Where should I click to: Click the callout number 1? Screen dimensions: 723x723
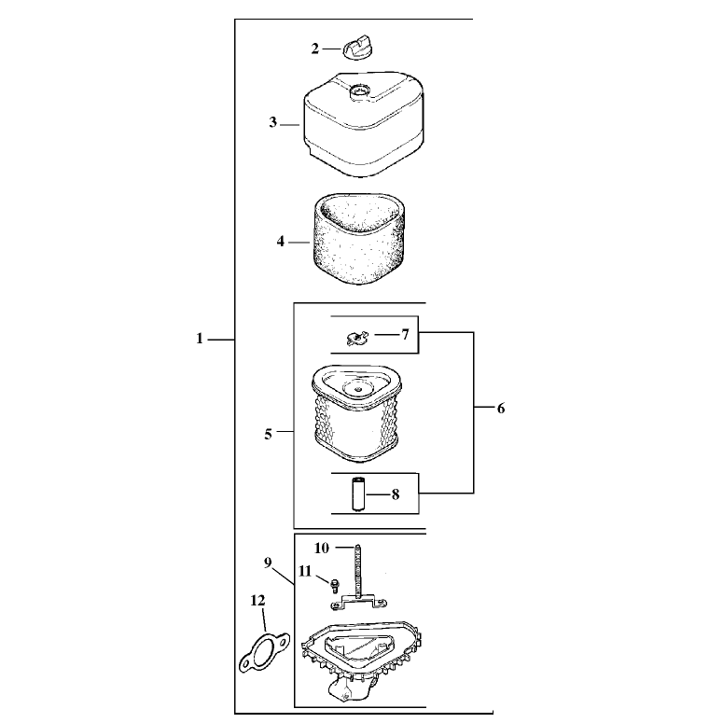pos(200,339)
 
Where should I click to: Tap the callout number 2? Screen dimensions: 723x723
pos(315,49)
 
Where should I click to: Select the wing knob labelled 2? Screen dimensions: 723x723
pos(357,47)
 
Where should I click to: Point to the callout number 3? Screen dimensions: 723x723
pos(273,122)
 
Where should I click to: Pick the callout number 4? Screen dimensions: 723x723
pos(281,241)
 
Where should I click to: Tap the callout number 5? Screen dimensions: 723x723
pos(268,435)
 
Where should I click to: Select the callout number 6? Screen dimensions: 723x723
pos(501,408)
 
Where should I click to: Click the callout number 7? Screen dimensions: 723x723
pos(405,334)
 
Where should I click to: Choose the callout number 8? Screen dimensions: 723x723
pos(396,494)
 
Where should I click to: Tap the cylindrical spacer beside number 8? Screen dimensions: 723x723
pos(358,494)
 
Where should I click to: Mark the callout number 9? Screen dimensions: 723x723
pos(268,563)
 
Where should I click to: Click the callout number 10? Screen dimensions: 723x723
pos(322,548)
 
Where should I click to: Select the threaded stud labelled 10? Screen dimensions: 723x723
pos(357,572)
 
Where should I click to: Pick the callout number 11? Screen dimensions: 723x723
pos(305,571)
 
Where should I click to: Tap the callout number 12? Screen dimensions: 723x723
pos(257,601)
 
